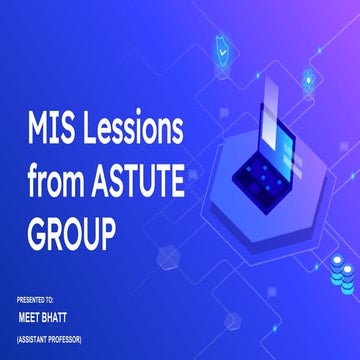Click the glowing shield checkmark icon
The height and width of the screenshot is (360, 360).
point(220,48)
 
